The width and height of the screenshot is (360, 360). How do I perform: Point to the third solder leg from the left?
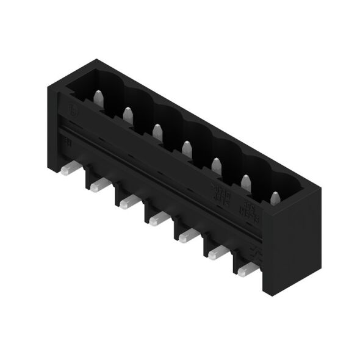(x=124, y=202)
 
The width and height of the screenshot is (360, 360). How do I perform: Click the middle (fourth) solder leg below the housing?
(x=154, y=219)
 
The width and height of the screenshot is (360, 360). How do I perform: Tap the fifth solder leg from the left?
(x=184, y=236)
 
